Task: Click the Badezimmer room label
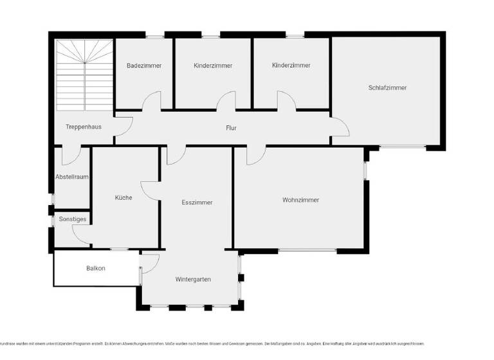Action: [x=144, y=66]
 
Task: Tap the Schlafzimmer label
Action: [x=387, y=88]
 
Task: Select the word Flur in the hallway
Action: [x=231, y=128]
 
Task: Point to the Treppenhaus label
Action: [x=84, y=127]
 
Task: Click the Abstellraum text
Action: [x=71, y=176]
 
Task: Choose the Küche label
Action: [x=123, y=197]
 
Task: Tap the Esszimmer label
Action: [x=197, y=203]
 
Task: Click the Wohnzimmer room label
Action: [x=300, y=200]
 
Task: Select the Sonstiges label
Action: [x=72, y=219]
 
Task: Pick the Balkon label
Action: [x=95, y=268]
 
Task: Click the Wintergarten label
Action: [x=193, y=279]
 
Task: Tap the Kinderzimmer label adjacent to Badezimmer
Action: [x=213, y=66]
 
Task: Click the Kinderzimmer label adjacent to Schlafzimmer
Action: [x=291, y=66]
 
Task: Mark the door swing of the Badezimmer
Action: [x=152, y=102]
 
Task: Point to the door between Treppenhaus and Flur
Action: [x=123, y=127]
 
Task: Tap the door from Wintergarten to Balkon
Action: [x=149, y=262]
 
